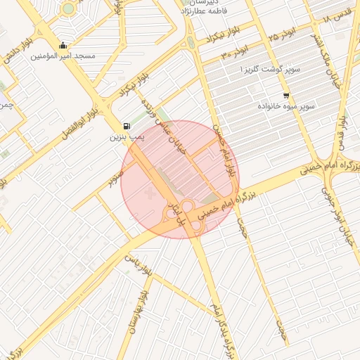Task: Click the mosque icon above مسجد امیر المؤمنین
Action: click(x=64, y=45)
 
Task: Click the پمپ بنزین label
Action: click(x=124, y=136)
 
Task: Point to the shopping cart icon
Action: click(x=285, y=95)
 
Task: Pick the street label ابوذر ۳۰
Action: click(x=235, y=54)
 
